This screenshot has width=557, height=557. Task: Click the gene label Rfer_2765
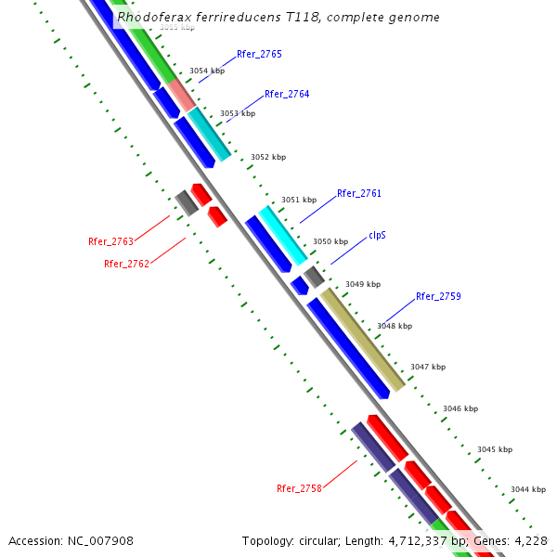pos(259,55)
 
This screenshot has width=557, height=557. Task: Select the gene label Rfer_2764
pos(287,95)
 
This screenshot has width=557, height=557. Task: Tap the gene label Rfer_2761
pos(359,194)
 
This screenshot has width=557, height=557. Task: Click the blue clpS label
pos(377,236)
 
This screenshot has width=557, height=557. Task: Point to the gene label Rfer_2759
pos(438,297)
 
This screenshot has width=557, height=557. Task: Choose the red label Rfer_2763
pos(110,242)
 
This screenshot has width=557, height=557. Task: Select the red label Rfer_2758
pos(299,488)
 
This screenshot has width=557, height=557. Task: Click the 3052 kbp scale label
pos(268,158)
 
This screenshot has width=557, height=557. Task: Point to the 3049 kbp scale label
pos(363,285)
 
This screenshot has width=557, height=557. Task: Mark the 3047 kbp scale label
pos(428,368)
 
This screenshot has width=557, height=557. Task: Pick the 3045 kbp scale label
pos(495,450)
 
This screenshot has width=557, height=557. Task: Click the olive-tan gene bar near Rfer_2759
pos(363,340)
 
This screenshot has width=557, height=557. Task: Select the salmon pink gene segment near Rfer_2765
pos(181,95)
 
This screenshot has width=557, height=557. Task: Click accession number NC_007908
pos(101,540)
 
